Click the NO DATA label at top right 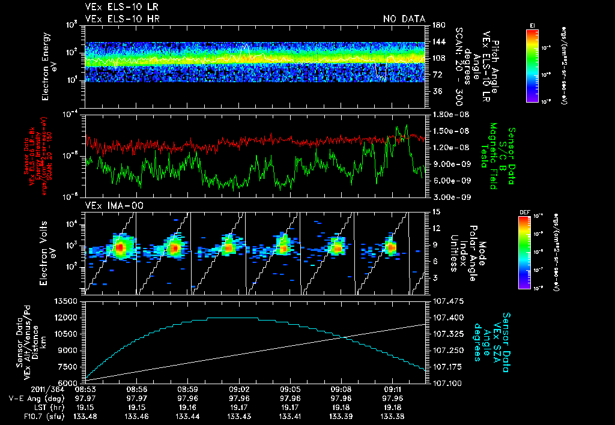tap(404, 19)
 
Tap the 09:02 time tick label tap(239, 389)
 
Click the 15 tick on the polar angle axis tap(434, 212)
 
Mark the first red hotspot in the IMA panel tap(120, 247)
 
